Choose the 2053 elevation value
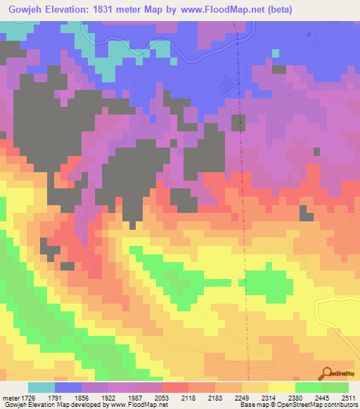point(162,398)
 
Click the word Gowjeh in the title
point(22,10)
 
